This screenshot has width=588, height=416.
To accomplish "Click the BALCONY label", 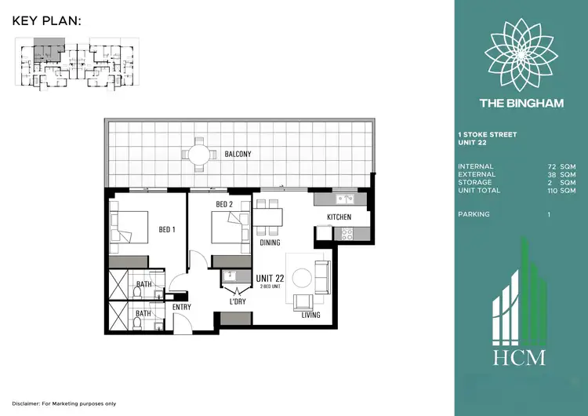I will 238,155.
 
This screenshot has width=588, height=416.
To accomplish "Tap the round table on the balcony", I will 199,154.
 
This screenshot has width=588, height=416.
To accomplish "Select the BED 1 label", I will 167,229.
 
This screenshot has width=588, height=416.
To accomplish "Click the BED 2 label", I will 225,206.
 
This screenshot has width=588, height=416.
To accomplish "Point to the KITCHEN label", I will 339,217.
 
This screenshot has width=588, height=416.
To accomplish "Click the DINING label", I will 270,243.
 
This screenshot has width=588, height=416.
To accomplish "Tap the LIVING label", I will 311,315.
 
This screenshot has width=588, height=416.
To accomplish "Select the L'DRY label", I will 238,301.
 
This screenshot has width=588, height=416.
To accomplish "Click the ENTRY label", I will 181,307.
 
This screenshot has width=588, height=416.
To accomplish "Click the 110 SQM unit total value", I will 563,191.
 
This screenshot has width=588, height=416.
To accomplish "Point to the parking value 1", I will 549,213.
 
